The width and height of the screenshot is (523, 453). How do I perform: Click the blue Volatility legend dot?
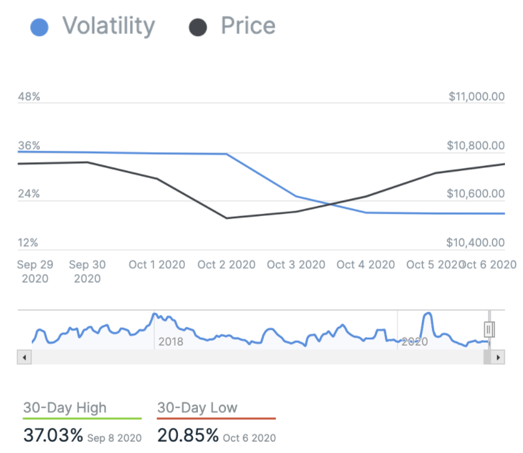coord(39,27)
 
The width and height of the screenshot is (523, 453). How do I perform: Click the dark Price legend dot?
coord(198,27)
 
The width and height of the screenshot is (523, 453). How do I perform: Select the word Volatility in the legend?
coord(108,26)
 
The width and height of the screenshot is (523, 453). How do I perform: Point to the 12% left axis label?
coord(29,243)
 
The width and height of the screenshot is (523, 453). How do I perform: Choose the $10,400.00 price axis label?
coord(476,243)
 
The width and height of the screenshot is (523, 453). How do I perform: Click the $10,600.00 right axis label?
coord(476,194)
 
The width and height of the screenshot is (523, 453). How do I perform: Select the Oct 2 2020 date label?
coord(226,265)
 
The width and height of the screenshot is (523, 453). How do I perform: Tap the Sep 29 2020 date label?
coord(35,271)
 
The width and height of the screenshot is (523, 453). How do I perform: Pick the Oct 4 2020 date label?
coord(366,265)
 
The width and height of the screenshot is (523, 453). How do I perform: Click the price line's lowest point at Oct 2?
coord(226,218)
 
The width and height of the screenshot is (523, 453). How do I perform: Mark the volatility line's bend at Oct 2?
coord(226,154)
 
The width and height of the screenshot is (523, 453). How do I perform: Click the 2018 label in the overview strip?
coord(171,342)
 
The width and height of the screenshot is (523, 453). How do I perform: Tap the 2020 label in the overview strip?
coord(414,342)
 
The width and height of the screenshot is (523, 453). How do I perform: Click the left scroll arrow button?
coord(24,358)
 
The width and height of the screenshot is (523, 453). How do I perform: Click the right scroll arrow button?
coord(497,358)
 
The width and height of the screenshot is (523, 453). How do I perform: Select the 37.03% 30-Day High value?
coord(53,435)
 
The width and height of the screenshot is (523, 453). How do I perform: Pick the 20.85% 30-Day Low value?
coord(188,435)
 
